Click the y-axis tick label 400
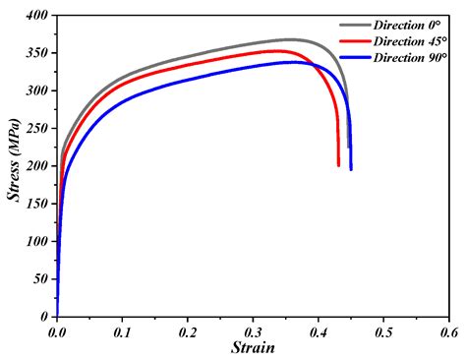37,16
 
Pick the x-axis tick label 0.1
122,333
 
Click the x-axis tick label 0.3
253,333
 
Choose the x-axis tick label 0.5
383,333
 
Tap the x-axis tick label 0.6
448,333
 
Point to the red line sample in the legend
351,41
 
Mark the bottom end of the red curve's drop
338,165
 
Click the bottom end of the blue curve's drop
351,169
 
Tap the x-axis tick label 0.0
57,333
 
